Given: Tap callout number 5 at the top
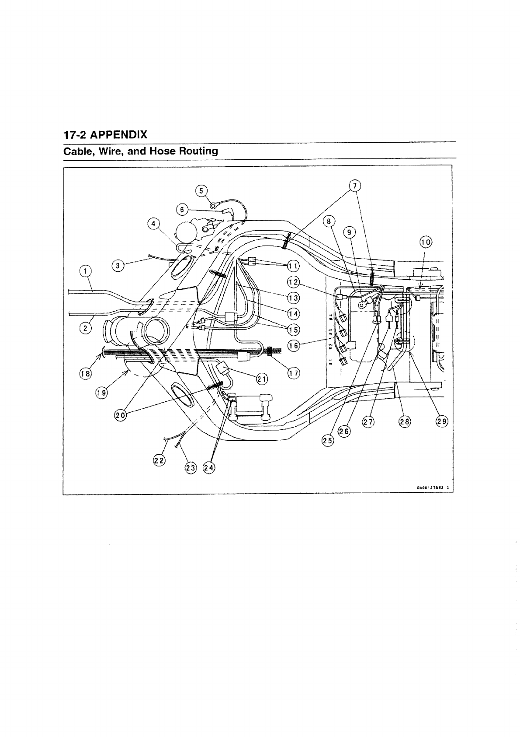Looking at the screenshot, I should [201, 190].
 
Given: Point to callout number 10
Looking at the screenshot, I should [425, 242].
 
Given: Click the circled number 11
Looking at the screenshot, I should [293, 266].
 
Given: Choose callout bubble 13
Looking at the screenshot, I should [293, 298].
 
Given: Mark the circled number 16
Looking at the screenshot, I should [293, 346].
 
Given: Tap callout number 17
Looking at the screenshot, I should [293, 372].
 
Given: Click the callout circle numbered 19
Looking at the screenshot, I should [101, 393].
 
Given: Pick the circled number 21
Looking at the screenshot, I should [261, 379].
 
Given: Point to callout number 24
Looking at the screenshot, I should [209, 467].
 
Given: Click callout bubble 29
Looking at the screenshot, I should [442, 421].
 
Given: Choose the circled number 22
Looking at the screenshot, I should [159, 460].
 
